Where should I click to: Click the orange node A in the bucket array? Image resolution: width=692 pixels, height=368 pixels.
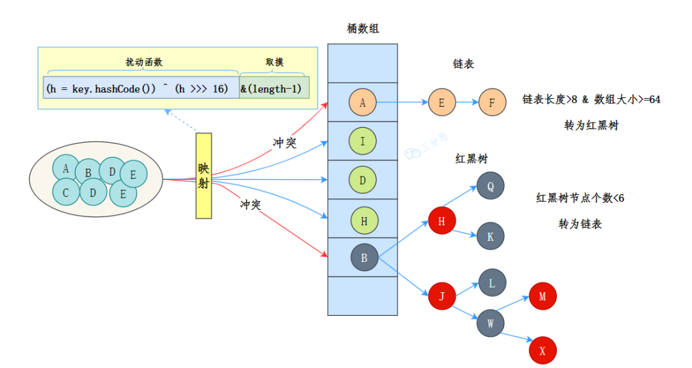[362, 102]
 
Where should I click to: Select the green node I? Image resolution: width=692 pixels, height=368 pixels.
[362, 141]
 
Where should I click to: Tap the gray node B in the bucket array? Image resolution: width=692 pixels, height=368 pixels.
[364, 257]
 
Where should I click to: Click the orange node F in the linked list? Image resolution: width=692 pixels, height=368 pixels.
[491, 103]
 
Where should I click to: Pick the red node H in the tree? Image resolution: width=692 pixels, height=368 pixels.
[442, 221]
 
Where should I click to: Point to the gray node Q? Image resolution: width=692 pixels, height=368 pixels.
[490, 185]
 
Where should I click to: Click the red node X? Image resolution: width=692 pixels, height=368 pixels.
[542, 350]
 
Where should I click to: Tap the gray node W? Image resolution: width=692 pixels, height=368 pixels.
[490, 323]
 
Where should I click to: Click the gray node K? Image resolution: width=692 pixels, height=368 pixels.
[490, 236]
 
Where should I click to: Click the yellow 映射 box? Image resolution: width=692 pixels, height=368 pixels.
[203, 175]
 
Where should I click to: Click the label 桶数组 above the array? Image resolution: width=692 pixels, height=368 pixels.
[362, 28]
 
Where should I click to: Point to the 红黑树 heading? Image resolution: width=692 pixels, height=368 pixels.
[472, 158]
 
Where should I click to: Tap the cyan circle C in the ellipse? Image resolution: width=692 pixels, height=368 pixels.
[66, 192]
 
